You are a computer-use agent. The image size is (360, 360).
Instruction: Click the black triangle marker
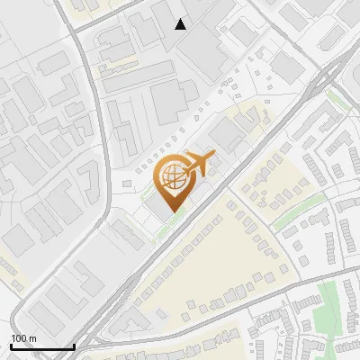pos(181,23)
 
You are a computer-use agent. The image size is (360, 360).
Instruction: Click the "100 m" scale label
pos(23,338)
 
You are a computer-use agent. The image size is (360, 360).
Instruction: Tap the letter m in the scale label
pos(32,338)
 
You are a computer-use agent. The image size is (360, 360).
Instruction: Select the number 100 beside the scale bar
pos(19,338)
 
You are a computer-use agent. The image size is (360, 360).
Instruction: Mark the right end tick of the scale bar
pos(74,345)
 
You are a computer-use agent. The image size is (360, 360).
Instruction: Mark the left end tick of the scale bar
pos(11,345)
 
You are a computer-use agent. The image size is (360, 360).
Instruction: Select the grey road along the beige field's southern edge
pos(225,315)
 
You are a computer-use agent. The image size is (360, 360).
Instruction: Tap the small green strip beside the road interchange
pos(337,94)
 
